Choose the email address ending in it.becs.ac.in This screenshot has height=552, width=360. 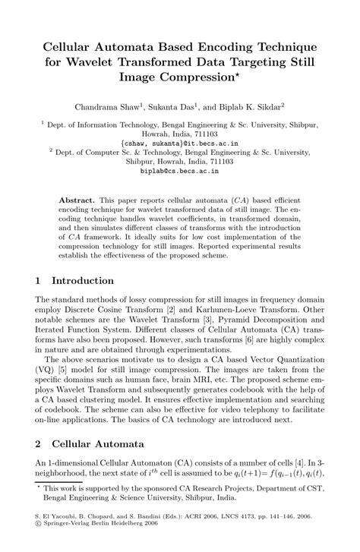click(179, 142)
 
